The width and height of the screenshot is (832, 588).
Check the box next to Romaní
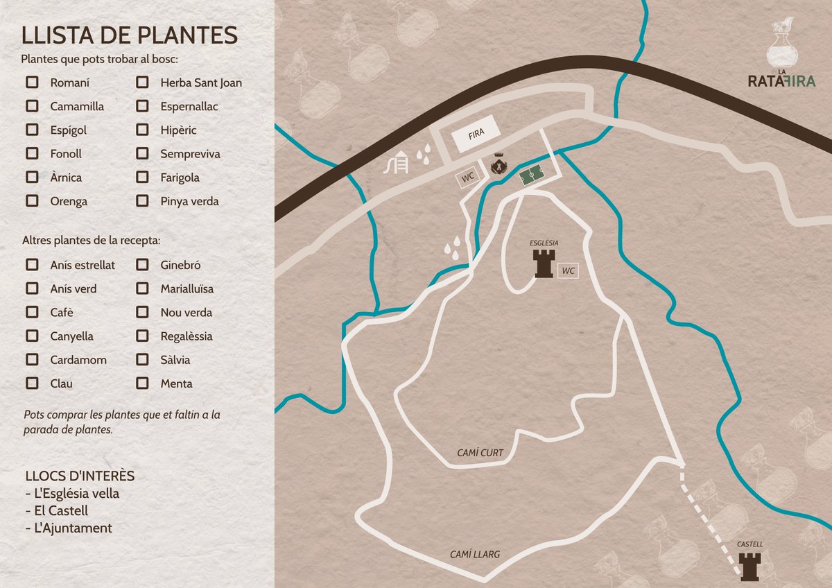[x=32, y=83]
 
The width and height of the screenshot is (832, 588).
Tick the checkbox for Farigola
[x=142, y=177]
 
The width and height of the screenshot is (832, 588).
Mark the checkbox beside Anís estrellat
[x=32, y=264]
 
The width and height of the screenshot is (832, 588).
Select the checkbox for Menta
[x=142, y=383]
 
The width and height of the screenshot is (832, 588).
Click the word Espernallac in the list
[x=189, y=106]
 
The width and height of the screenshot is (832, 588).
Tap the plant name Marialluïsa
[x=187, y=288]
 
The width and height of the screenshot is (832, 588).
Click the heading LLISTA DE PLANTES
[x=130, y=35]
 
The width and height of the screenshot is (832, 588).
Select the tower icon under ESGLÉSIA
[x=544, y=264]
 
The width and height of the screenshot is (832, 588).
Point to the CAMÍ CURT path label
[x=480, y=453]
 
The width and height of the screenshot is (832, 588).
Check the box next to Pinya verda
[x=142, y=200]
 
